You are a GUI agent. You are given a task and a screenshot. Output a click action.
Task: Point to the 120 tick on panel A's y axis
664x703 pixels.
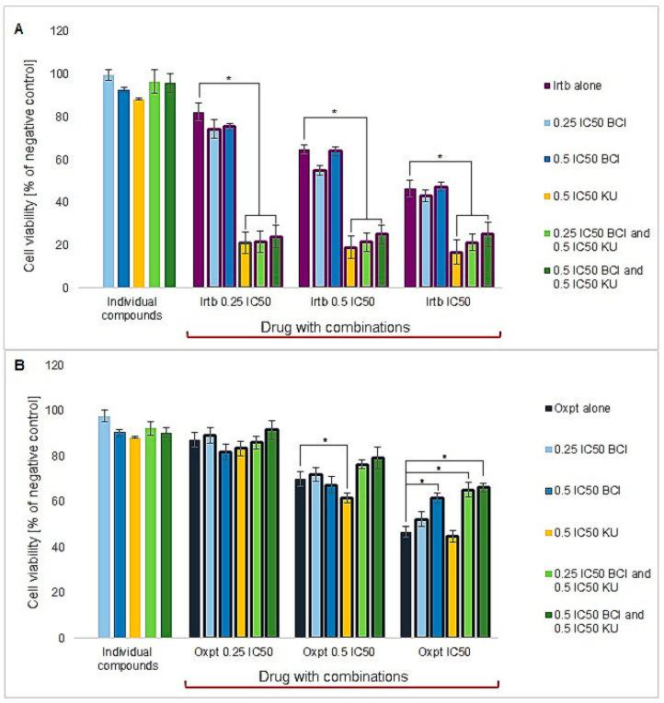tap(61, 30)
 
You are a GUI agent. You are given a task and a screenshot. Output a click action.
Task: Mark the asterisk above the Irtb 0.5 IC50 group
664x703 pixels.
tap(334, 111)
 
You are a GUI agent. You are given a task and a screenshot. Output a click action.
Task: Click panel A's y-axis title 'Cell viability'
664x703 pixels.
tap(33, 160)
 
